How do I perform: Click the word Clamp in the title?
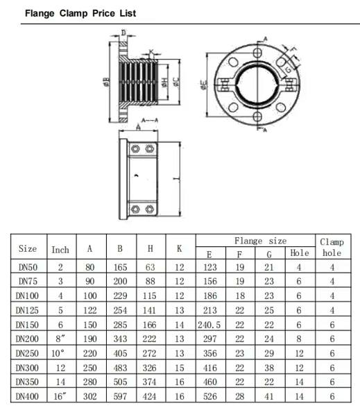click(x=74, y=13)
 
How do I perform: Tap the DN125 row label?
click(x=27, y=310)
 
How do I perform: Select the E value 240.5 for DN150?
click(x=209, y=325)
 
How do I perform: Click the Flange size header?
click(x=260, y=241)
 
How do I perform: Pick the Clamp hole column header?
click(x=332, y=248)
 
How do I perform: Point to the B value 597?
click(x=120, y=396)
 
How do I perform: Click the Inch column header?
click(x=60, y=250)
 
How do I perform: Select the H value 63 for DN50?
click(x=151, y=267)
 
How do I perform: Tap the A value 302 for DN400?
click(x=90, y=396)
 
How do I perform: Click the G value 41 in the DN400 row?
click(x=269, y=396)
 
